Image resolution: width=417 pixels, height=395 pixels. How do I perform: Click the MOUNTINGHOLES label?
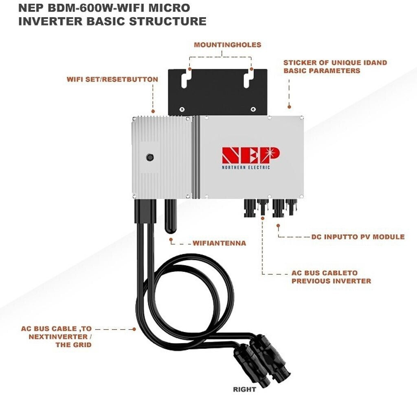point(227,45)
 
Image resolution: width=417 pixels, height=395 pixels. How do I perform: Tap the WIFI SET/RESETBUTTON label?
point(112,79)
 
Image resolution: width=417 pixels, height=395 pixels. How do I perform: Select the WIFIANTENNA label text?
point(219,243)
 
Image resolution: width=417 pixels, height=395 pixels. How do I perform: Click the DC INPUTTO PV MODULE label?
point(358,237)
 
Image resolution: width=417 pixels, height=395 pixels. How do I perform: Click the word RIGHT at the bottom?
point(244,389)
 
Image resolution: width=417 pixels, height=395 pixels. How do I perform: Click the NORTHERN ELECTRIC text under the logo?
point(246,167)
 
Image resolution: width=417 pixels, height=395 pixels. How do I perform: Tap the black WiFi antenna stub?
point(171,216)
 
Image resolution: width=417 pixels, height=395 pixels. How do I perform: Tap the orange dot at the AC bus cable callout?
point(134,328)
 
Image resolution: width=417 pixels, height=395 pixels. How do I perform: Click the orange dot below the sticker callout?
point(289,107)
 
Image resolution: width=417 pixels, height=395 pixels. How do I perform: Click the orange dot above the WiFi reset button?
point(153,111)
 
